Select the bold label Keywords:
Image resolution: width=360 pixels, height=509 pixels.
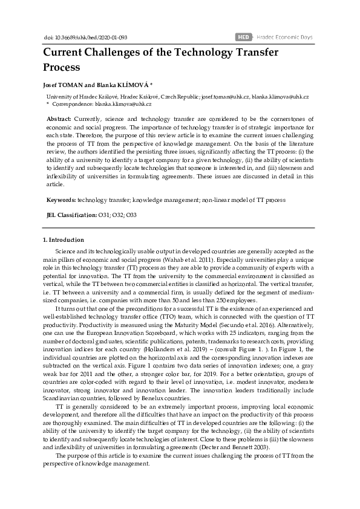coord(61,199)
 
